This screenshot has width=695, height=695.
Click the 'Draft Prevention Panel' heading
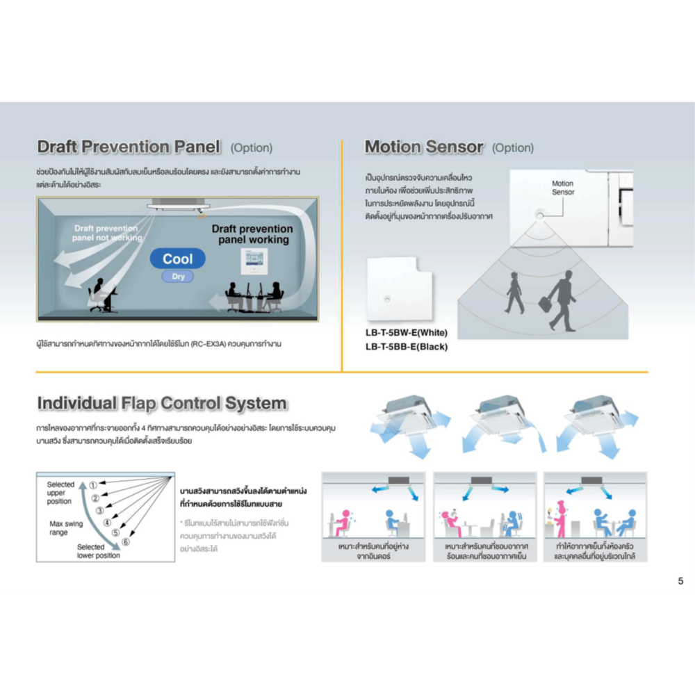pyautogui.click(x=129, y=147)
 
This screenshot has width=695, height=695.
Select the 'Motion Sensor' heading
pyautogui.click(x=423, y=147)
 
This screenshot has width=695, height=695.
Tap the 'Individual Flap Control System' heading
pyautogui.click(x=161, y=403)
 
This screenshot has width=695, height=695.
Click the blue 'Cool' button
pyautogui.click(x=178, y=259)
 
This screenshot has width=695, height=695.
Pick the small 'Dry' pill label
pyautogui.click(x=178, y=277)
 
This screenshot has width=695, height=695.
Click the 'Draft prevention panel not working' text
pyautogui.click(x=106, y=233)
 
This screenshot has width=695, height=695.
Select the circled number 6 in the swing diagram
pyautogui.click(x=125, y=541)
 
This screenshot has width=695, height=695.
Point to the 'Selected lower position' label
pyautogui.click(x=98, y=551)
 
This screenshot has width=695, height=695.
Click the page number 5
pyautogui.click(x=680, y=581)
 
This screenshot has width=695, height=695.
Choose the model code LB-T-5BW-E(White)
pyautogui.click(x=406, y=333)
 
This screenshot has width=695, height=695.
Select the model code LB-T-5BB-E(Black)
pyautogui.click(x=406, y=346)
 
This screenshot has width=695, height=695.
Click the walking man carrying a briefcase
pyautogui.click(x=561, y=302)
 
